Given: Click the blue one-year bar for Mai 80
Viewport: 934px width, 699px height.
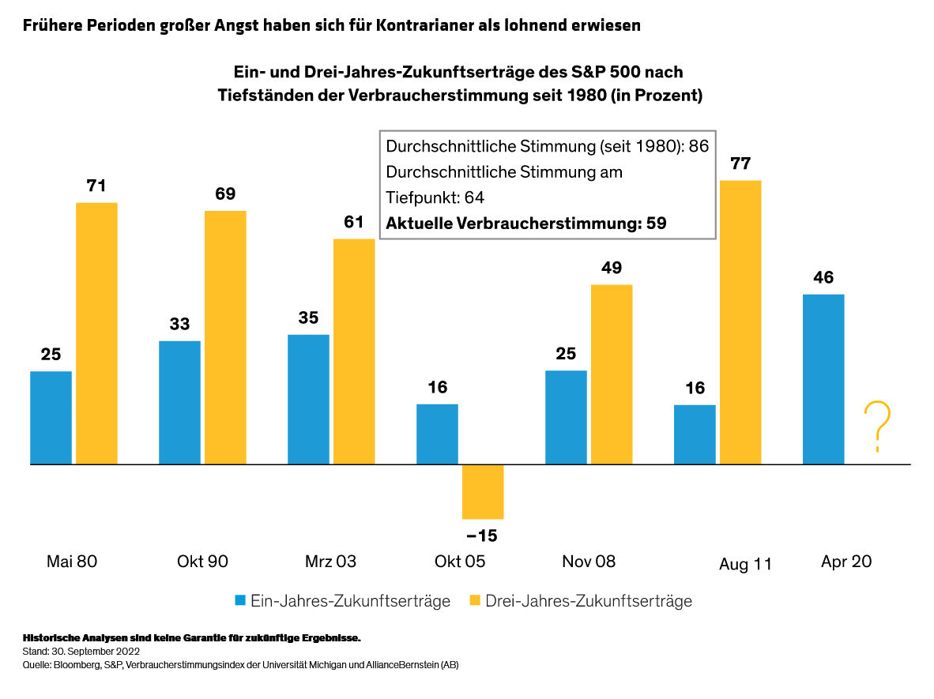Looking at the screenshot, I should click(51, 417).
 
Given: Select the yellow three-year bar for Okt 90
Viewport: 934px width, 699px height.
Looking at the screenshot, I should click(225, 337).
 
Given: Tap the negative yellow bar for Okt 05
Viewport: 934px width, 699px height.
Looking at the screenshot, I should click(483, 491).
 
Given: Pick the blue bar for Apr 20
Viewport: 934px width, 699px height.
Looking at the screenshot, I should click(823, 379).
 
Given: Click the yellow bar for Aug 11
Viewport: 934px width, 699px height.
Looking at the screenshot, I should click(740, 322).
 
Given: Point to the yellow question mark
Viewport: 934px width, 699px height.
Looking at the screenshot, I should click(877, 427).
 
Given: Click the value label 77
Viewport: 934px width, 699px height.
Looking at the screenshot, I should click(740, 164).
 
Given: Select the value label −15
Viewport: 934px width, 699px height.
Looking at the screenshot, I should click(482, 536).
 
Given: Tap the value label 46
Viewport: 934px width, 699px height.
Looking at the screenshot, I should click(823, 278).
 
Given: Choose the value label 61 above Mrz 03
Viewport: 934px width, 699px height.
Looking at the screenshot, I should click(354, 222).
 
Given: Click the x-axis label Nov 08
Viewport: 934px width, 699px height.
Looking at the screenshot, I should click(589, 562).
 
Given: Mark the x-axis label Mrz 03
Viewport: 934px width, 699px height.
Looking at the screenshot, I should click(330, 562).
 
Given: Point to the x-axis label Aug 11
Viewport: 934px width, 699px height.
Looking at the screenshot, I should click(745, 565).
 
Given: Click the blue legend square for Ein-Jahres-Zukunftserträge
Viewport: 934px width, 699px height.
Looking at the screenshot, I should click(240, 601).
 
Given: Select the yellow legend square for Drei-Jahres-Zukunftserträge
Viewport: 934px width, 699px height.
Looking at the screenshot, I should click(475, 601).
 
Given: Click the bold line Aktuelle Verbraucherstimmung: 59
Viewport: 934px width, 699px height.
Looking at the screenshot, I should click(525, 224).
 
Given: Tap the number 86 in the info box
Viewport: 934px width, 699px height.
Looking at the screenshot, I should click(699, 146).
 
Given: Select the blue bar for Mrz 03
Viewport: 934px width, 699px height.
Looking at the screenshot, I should click(308, 399).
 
